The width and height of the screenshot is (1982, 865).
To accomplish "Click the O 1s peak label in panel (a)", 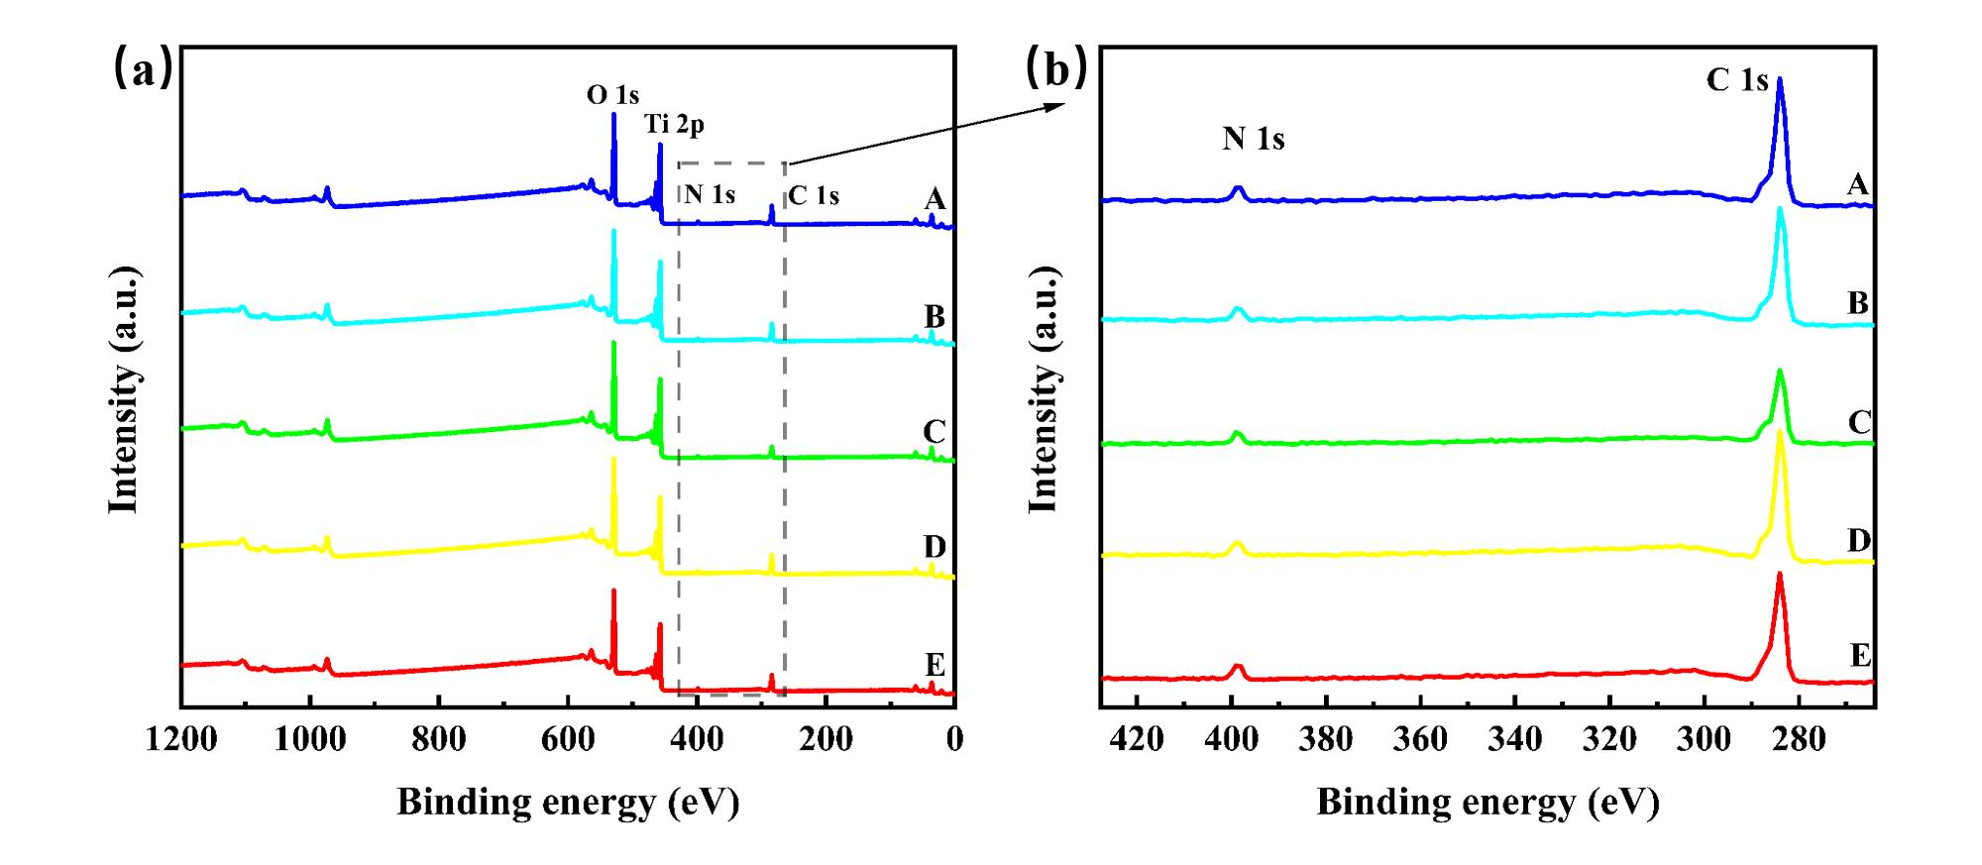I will pos(612,95).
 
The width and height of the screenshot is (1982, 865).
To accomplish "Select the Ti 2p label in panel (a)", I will pos(674,124).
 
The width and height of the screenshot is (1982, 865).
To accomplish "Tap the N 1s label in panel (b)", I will pos(1253,139).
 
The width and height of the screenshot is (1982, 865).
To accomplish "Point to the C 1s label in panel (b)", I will pos(1736,80).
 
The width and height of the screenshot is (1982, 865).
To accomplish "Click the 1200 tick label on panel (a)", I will pos(181,739).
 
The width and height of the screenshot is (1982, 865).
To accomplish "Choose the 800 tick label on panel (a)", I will pos(438,739).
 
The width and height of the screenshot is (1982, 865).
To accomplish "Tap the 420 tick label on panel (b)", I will pos(1137,739).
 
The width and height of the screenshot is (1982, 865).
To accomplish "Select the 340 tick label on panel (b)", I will pos(1514,739).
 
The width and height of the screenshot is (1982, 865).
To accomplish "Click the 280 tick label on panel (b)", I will pos(1798,739).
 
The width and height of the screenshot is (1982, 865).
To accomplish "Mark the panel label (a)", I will pos(143,69).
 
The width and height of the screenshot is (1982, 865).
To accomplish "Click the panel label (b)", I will pos(1056,69).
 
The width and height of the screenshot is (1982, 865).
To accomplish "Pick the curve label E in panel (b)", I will pos(1860,656).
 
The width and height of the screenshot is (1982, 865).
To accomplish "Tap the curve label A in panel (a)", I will pos(935,199).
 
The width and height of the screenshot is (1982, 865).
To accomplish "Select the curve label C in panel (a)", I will pos(934,432).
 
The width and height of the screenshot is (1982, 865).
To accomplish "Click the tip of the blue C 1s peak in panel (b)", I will pos(1780,79).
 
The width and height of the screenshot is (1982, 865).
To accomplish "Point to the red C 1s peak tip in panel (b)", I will pos(1780,574).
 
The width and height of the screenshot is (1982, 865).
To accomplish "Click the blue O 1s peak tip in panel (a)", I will pos(613,114).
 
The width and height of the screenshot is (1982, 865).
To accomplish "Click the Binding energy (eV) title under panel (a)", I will pos(568,802).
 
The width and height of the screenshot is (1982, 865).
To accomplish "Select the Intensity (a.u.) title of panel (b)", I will pos(1043,389).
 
